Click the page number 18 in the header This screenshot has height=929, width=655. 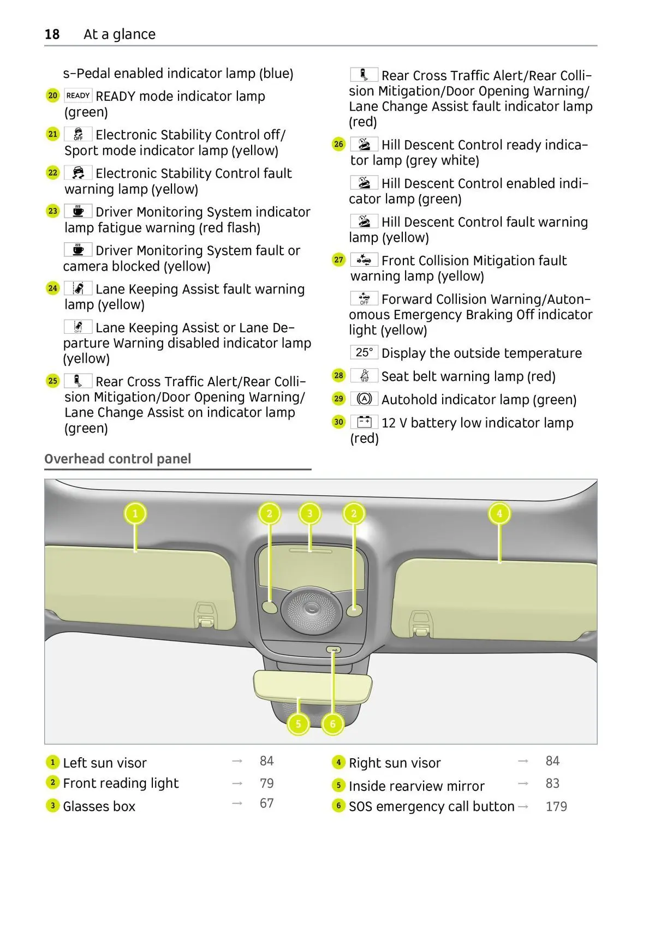pos(52,34)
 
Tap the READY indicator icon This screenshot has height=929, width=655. pos(78,95)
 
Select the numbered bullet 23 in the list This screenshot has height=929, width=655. pos(52,211)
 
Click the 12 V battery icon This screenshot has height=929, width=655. pos(364,422)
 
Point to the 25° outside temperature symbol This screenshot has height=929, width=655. pos(364,352)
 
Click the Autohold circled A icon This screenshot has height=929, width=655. pos(364,399)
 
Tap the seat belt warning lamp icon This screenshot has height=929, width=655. pos(364,375)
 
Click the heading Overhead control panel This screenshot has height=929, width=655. pos(118,459)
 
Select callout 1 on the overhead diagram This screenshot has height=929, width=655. pos(135,513)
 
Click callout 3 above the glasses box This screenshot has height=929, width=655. pos(310,513)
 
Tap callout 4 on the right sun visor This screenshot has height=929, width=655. pos(499,513)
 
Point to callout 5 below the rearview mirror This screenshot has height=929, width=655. pos(298,724)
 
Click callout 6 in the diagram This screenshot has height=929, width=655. pos(333,724)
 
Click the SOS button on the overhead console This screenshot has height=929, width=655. pos(334,650)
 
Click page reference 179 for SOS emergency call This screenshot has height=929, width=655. pos(556,806)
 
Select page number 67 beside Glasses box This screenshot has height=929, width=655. pos(266,804)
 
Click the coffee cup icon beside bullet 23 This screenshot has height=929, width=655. pos(78,211)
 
